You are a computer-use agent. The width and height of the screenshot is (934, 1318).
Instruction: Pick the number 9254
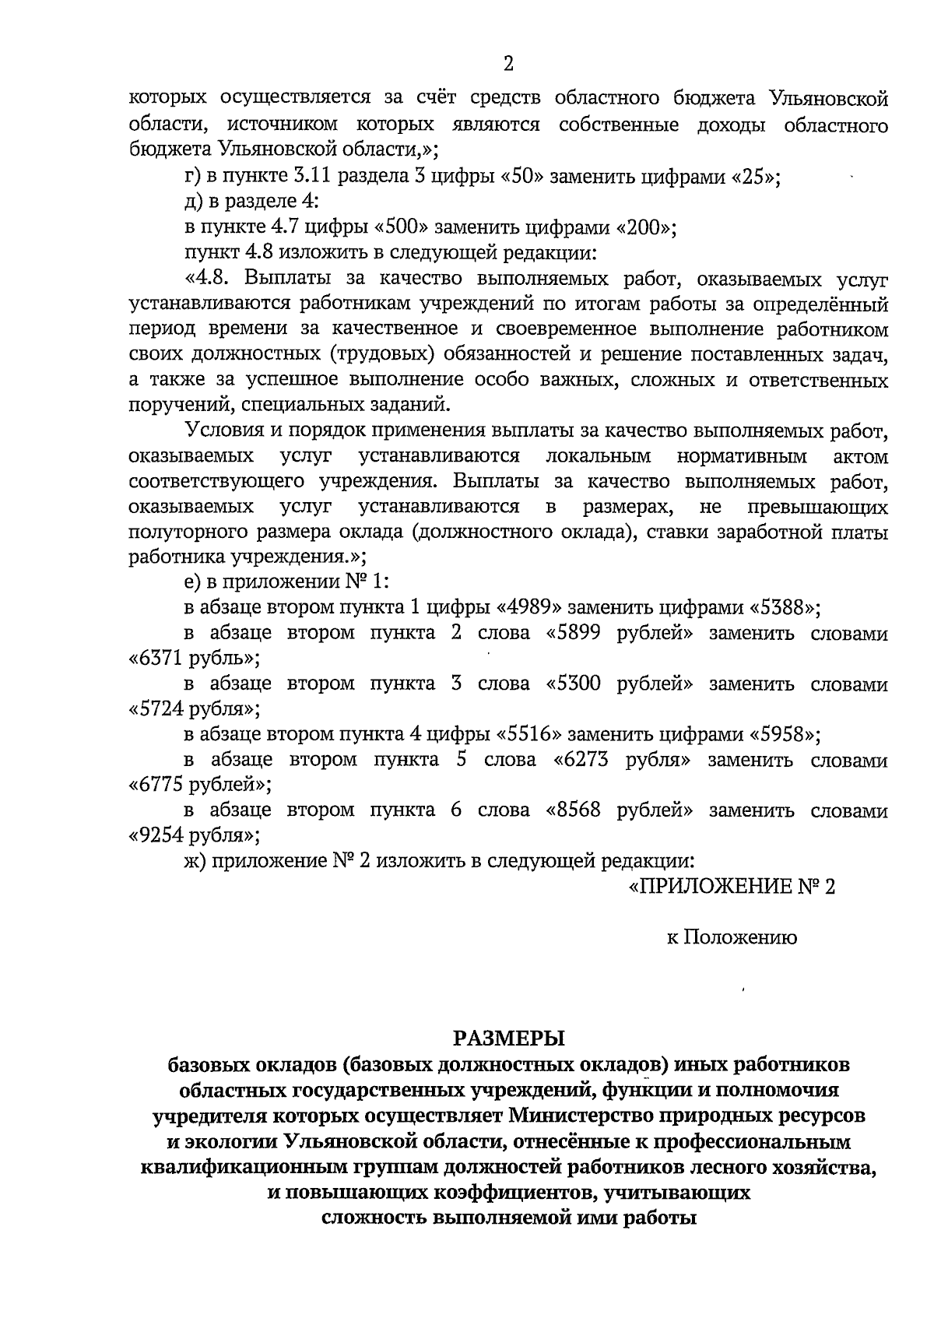click(161, 836)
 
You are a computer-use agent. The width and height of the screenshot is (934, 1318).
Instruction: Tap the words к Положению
click(732, 938)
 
